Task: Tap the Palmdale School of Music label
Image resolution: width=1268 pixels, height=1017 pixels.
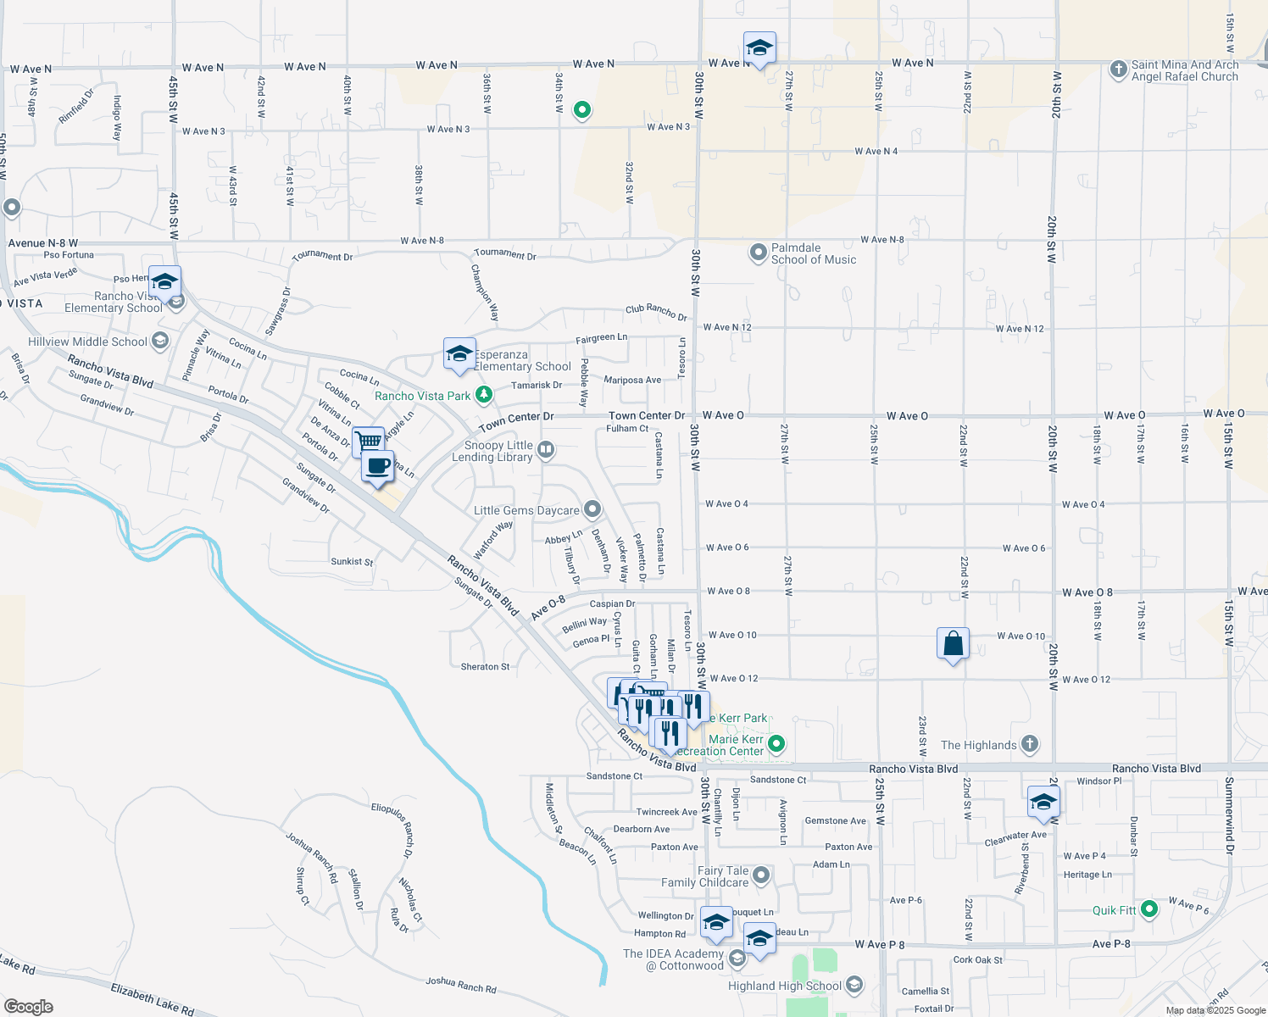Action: [812, 254]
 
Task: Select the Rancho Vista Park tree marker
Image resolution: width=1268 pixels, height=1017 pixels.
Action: [483, 395]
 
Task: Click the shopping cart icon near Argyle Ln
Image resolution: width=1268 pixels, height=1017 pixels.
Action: [368, 441]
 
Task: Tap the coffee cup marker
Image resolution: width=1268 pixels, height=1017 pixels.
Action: [378, 466]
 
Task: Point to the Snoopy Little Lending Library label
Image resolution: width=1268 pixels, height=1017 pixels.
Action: [498, 451]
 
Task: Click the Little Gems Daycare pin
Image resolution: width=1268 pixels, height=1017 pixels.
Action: [592, 509]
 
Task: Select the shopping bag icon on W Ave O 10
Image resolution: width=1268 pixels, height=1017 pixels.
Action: [953, 644]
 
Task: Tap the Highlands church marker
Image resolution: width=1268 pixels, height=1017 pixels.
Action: [1029, 745]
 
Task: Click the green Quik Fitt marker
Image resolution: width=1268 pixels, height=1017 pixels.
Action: [1149, 909]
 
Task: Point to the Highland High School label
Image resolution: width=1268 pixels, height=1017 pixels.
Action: [785, 986]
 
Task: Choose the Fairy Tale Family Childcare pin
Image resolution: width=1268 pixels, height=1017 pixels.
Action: [761, 875]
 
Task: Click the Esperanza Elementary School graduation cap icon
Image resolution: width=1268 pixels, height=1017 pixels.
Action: [459, 353]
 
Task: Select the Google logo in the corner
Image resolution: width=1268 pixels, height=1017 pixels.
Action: [29, 1006]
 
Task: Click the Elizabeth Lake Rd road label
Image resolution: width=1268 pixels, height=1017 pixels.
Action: [152, 998]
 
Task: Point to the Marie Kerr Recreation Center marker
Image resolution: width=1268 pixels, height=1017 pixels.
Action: [776, 744]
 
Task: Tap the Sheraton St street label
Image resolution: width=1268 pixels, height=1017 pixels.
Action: [485, 667]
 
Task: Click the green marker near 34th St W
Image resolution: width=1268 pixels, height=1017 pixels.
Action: [582, 109]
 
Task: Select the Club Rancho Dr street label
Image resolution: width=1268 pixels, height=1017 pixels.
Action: [656, 312]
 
